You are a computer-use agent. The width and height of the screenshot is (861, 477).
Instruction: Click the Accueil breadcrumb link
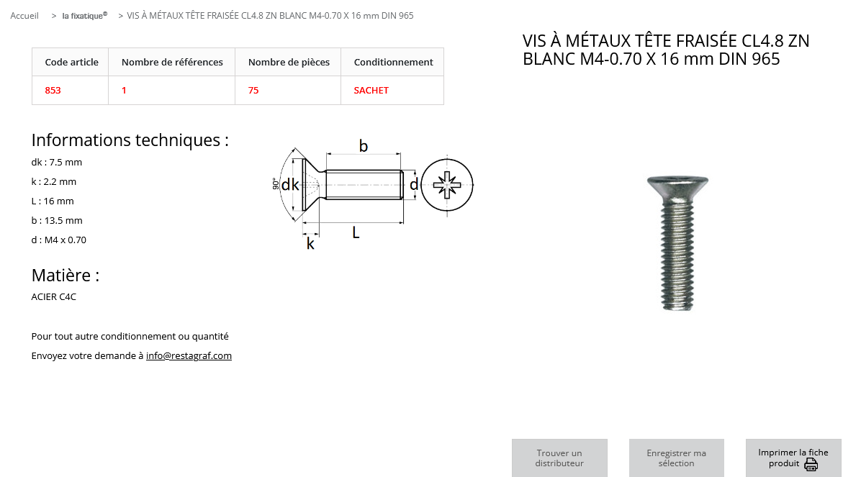pos(24,15)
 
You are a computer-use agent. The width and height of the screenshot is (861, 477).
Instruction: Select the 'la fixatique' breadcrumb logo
pos(84,15)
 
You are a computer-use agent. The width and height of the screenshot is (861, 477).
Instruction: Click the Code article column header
pos(71,62)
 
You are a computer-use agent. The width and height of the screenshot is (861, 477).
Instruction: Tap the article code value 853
pos(53,90)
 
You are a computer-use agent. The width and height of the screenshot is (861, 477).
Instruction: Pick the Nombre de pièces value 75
pos(253,90)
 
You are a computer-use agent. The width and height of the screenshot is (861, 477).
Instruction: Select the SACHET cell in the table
pos(371,90)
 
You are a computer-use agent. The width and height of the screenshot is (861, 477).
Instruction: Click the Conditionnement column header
pos(393,62)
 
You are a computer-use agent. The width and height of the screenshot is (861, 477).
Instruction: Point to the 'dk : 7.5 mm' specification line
pos(57,162)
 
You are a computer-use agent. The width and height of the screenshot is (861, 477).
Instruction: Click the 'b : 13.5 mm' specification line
pos(57,220)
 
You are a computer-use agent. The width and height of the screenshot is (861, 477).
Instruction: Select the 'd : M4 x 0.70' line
pos(59,240)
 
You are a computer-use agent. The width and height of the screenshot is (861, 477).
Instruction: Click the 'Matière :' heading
pos(66,275)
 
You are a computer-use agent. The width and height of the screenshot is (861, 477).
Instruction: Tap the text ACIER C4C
pos(54,296)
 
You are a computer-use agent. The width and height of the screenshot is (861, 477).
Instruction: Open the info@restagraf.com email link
pos(189,355)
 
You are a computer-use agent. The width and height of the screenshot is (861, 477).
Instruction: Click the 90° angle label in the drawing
pos(276,184)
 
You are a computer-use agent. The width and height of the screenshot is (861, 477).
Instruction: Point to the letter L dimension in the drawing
pos(356,232)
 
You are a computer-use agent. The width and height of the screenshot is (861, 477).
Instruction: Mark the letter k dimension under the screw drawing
pos(310,243)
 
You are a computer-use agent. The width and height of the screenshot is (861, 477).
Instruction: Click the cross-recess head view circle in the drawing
pos(447,185)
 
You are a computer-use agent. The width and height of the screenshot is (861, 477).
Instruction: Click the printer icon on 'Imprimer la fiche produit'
pos(811,465)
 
